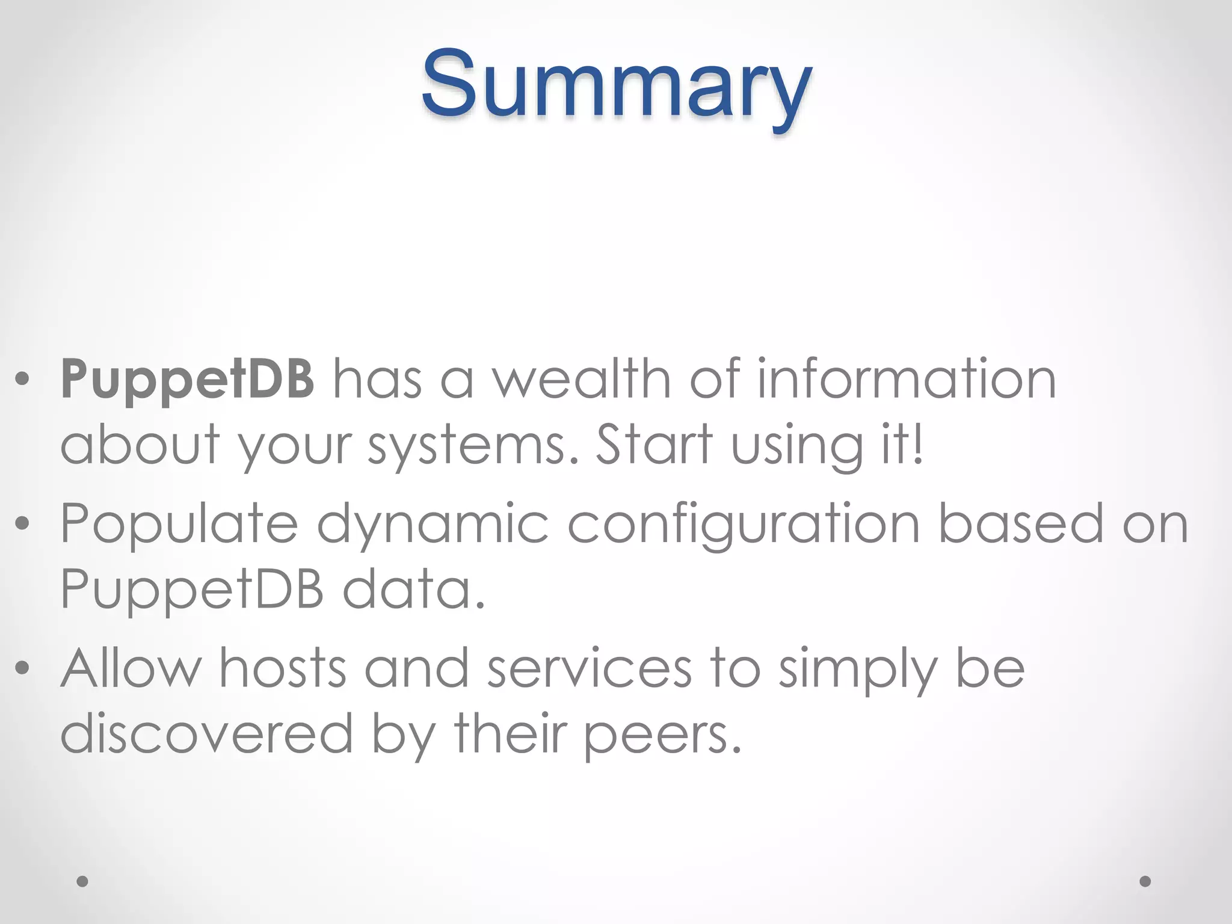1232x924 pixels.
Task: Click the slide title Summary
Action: coord(616,84)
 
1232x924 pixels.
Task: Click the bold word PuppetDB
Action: coord(187,380)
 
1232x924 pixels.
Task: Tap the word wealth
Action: coord(581,380)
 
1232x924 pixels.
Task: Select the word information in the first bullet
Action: coord(906,380)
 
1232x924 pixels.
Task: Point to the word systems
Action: coord(467,446)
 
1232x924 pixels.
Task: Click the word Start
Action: coord(653,445)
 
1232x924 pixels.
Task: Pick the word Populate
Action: coord(179,524)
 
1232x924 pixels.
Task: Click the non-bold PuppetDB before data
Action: coord(192,589)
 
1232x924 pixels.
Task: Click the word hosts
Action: coord(282,668)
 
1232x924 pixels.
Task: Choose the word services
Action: coord(590,670)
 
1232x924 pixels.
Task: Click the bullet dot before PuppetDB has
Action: coord(22,380)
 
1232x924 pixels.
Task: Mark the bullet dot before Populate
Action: coord(22,524)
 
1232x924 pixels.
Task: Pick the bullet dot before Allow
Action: coord(22,668)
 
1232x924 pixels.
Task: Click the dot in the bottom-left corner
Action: coord(82,881)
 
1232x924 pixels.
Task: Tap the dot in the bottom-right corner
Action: coord(1145,881)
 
